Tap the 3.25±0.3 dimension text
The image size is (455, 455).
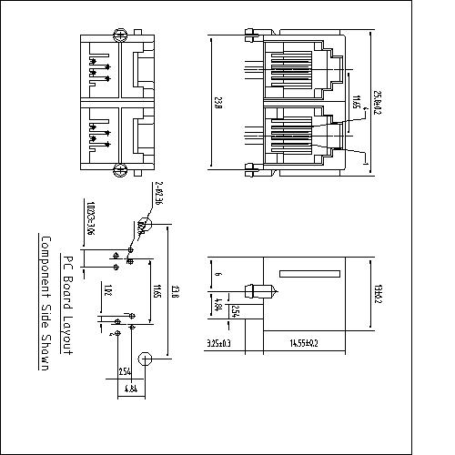(x=218, y=343)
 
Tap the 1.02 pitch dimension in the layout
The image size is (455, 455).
(x=108, y=291)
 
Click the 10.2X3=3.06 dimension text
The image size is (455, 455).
(x=91, y=219)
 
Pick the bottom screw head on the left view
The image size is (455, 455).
(x=118, y=168)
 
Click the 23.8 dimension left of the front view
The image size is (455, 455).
(x=219, y=102)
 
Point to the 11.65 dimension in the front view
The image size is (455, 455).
(x=356, y=102)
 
